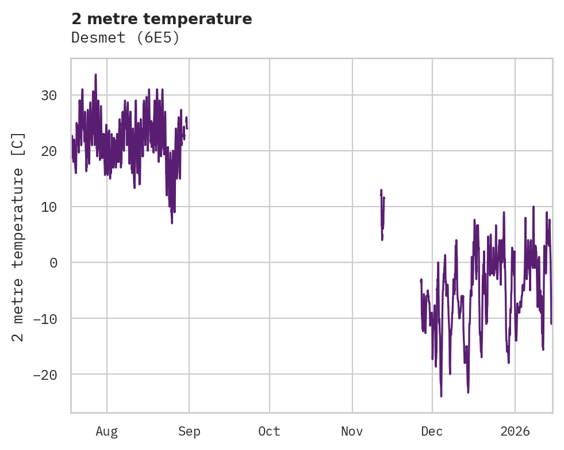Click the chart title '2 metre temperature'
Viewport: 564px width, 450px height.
[162, 19]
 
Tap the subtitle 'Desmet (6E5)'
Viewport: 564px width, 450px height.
[125, 38]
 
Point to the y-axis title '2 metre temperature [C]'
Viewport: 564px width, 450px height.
[18, 237]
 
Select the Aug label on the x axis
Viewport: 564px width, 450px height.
[106, 432]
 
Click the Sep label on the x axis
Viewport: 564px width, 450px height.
[189, 432]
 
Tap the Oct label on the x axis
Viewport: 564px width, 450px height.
[269, 432]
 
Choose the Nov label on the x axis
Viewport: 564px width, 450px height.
[352, 432]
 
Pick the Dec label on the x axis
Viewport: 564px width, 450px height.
[432, 432]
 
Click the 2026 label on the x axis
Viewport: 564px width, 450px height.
[515, 432]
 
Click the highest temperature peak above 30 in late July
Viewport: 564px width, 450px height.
[95, 75]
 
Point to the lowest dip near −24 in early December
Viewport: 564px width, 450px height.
[441, 395]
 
